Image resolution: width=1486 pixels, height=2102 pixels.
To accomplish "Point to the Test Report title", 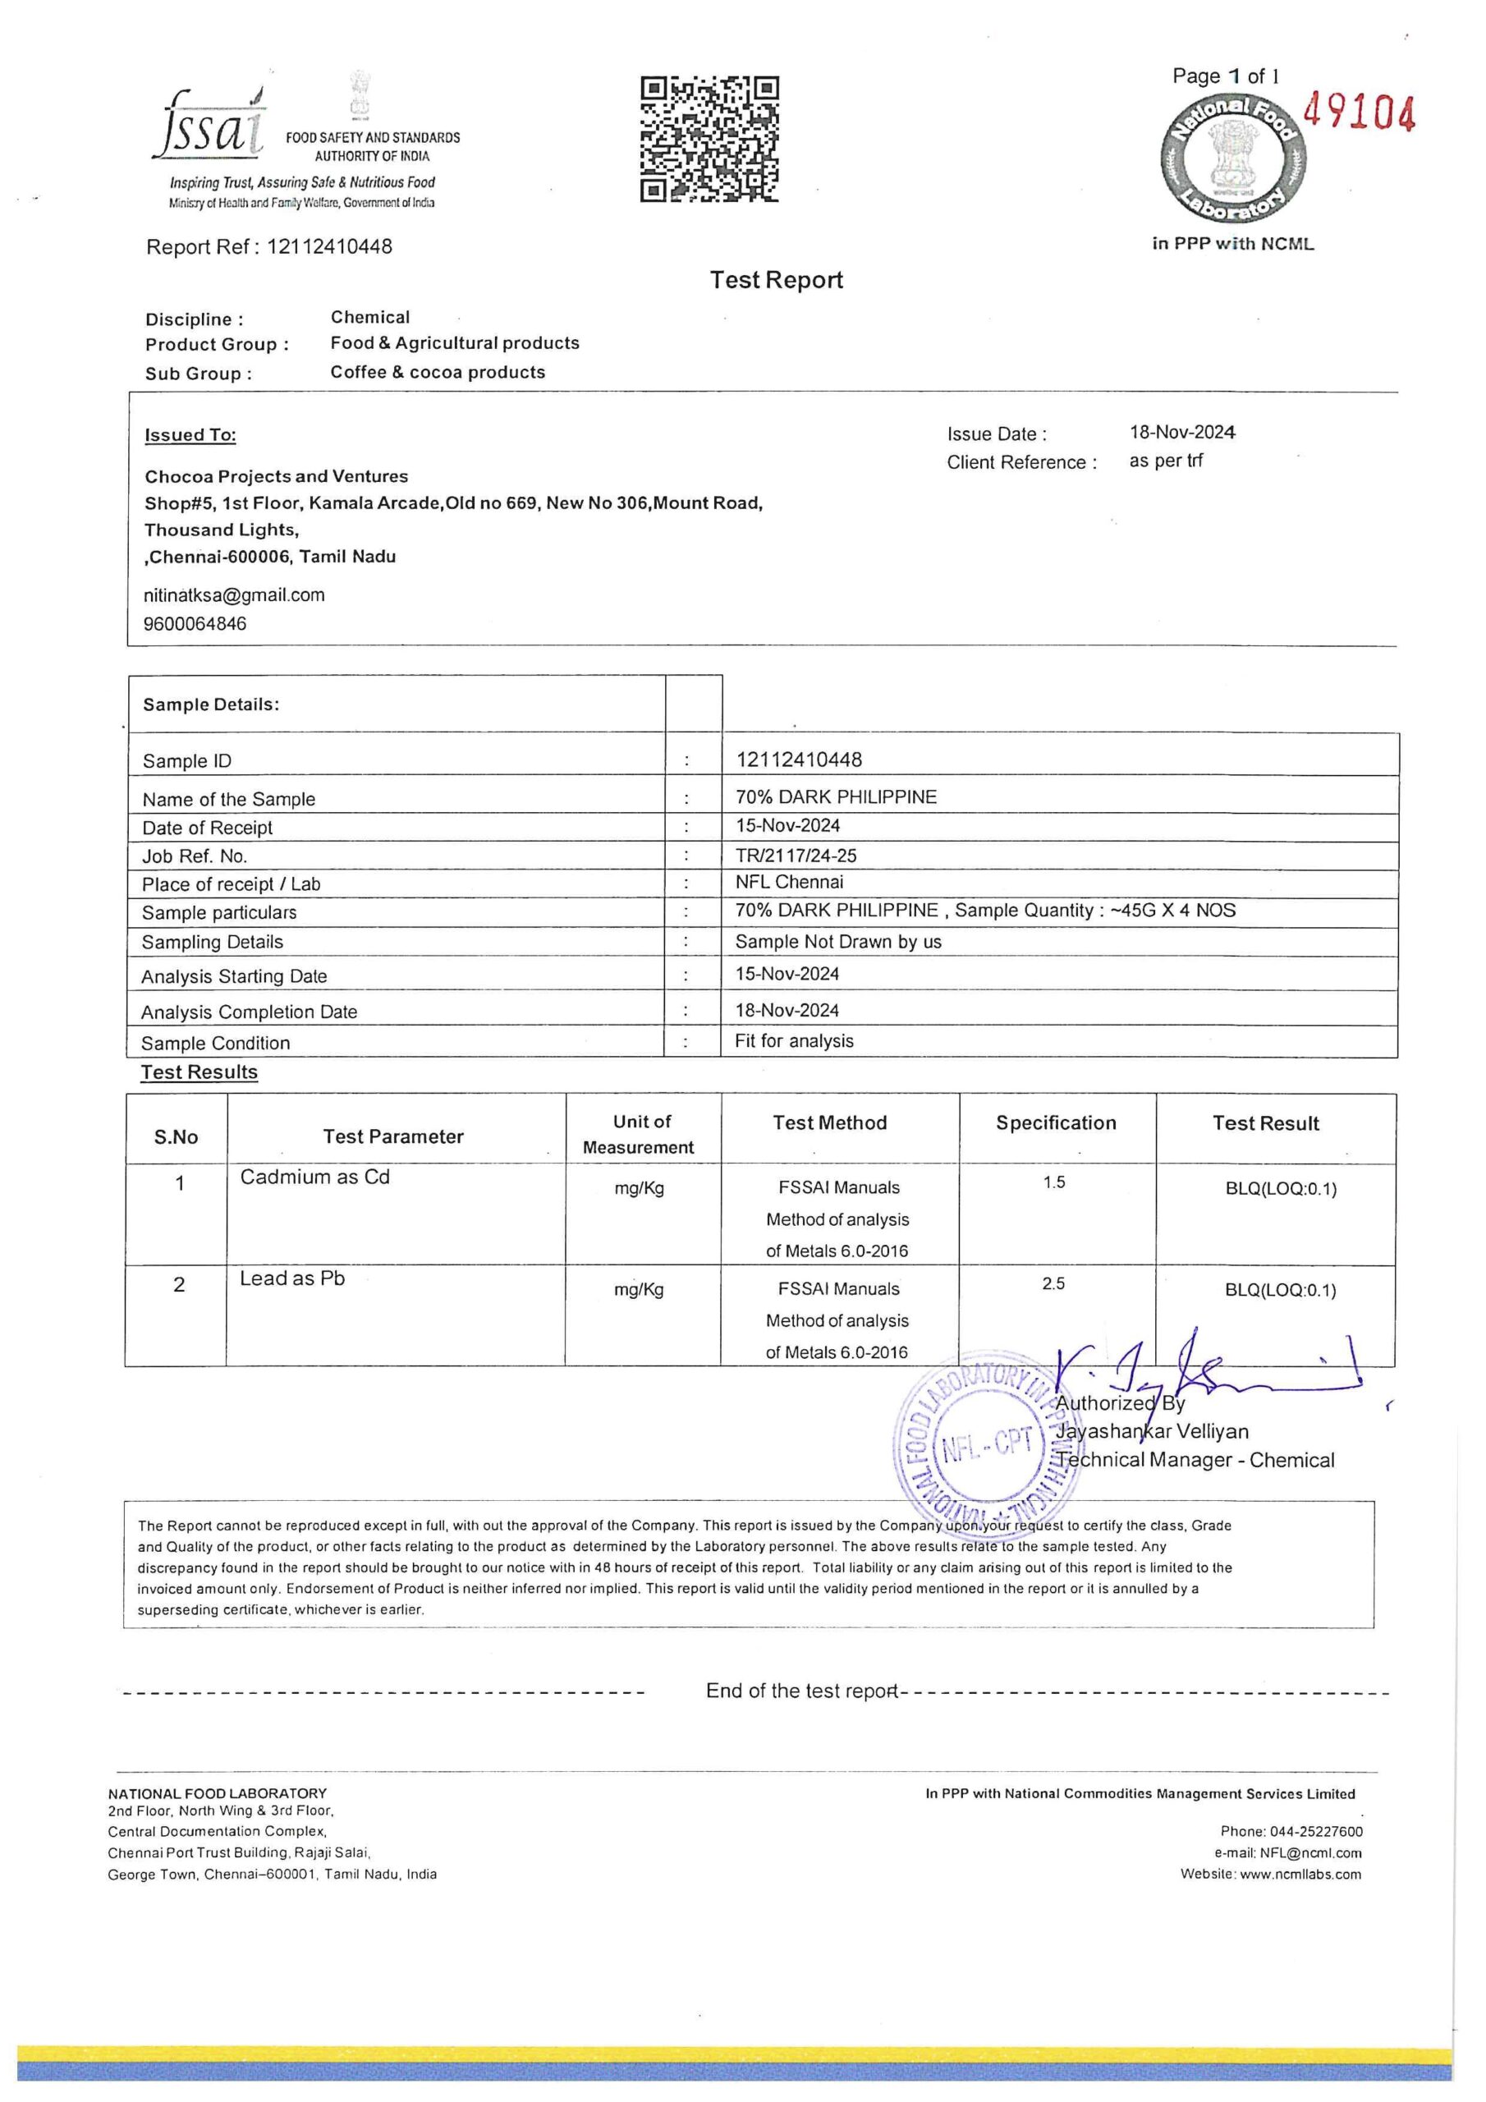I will pyautogui.click(x=776, y=280).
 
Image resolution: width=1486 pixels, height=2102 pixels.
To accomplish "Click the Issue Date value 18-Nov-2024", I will pyautogui.click(x=1181, y=432).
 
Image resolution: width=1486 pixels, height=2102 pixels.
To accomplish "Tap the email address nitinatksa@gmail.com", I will pyautogui.click(x=233, y=595).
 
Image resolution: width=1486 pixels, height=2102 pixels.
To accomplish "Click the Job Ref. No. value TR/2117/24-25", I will pyautogui.click(x=796, y=855).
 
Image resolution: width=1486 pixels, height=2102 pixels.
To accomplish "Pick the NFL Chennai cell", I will pyautogui.click(x=788, y=883).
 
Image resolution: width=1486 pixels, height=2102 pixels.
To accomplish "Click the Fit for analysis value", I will pyautogui.click(x=794, y=1041).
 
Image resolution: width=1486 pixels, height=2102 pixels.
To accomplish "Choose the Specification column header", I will pyautogui.click(x=1056, y=1123).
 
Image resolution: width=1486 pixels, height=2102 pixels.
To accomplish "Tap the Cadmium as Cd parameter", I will pyautogui.click(x=314, y=1177).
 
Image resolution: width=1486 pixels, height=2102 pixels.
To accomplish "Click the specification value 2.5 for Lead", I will pyautogui.click(x=1053, y=1283).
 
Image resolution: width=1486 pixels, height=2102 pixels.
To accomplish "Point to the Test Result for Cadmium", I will pyautogui.click(x=1280, y=1189).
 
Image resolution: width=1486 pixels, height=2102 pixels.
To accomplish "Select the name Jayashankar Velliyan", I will pyautogui.click(x=1153, y=1431).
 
